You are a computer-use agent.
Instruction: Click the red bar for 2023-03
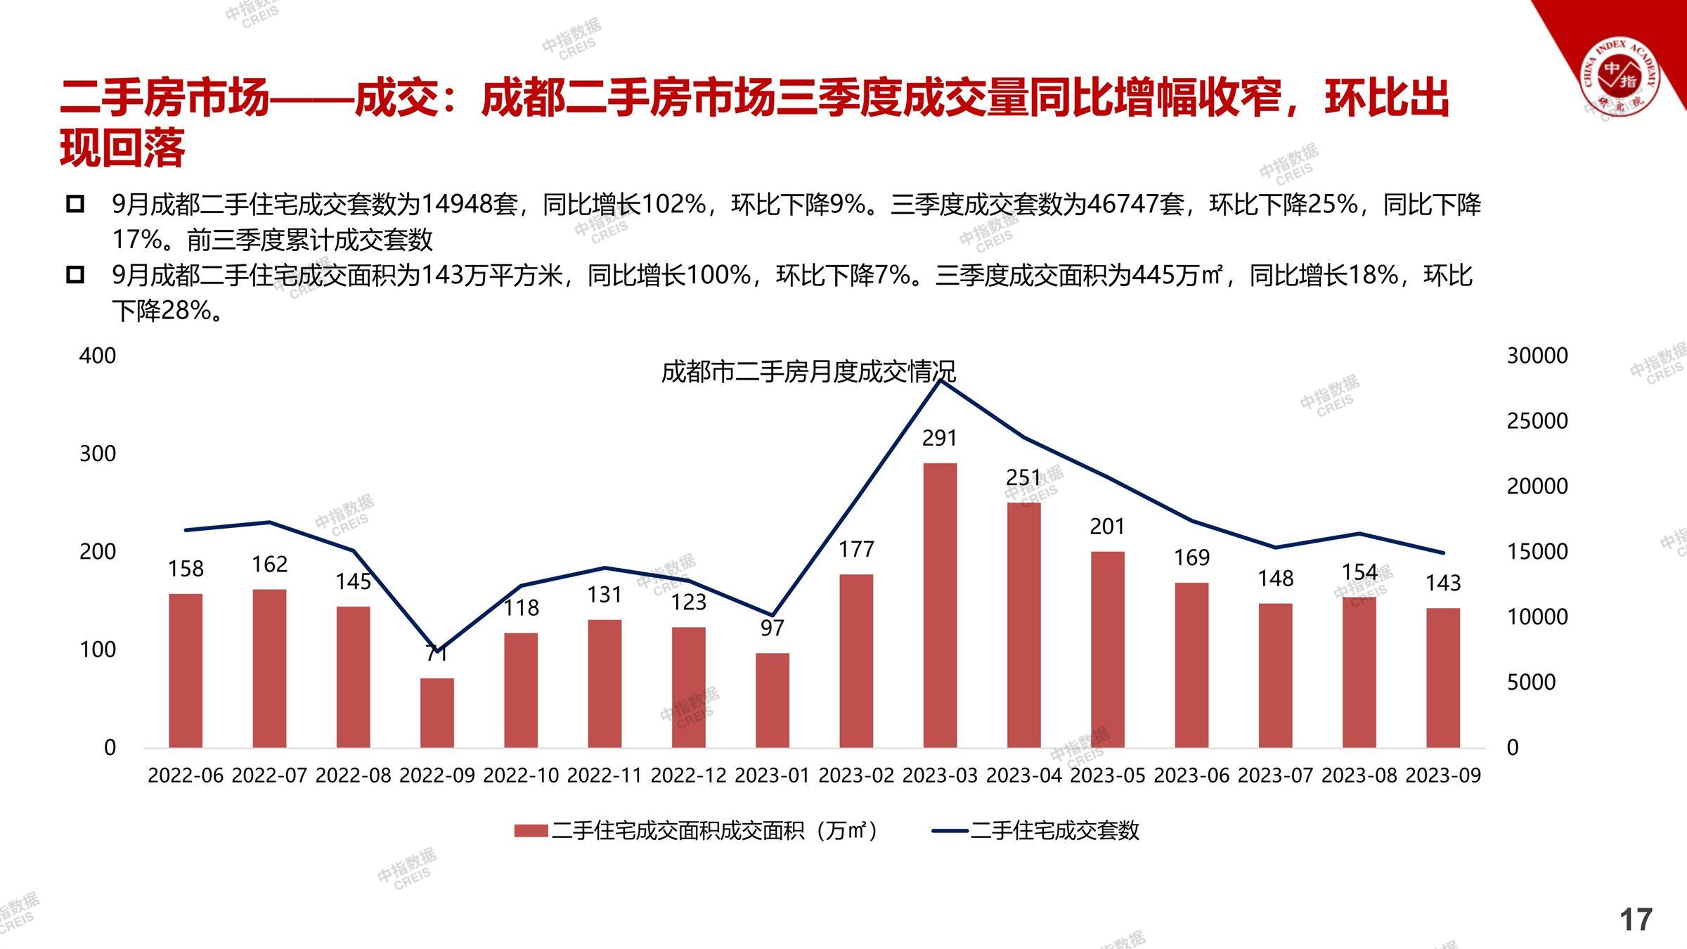[940, 605]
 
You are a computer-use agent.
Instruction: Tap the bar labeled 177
[856, 660]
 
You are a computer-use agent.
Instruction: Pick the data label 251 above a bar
[1023, 478]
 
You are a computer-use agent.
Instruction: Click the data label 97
[773, 628]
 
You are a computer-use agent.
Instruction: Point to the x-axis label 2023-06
[1191, 775]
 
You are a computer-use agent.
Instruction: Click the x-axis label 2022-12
[689, 775]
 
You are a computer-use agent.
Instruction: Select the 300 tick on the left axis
[98, 453]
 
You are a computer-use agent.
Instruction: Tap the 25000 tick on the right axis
[1537, 421]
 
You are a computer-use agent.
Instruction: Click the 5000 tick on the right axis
[1531, 682]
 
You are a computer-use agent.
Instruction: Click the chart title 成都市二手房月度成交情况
[808, 372]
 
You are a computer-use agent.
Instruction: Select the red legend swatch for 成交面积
[531, 831]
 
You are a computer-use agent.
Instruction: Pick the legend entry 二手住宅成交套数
[1054, 831]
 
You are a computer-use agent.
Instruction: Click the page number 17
[1636, 919]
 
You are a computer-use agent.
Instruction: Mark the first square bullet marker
[75, 205]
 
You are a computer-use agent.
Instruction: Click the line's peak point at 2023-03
[940, 380]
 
